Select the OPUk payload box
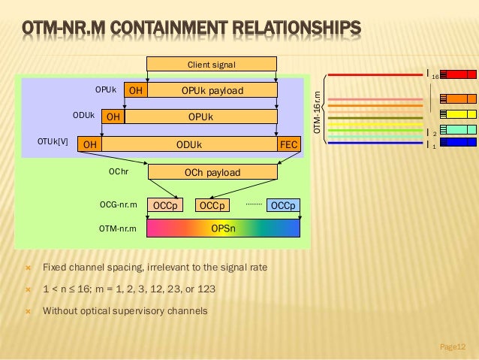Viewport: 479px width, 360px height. click(212, 91)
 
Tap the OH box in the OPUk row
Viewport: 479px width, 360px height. click(135, 91)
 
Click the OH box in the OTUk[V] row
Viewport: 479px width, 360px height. click(90, 144)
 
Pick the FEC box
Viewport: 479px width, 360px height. click(288, 144)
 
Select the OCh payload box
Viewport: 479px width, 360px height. click(212, 173)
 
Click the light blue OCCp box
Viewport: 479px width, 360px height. click(284, 205)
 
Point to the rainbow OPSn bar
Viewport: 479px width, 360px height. click(223, 228)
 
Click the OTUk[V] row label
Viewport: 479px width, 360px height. click(53, 141)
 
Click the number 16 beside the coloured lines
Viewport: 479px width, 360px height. click(434, 77)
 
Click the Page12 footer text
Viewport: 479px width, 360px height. click(453, 346)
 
